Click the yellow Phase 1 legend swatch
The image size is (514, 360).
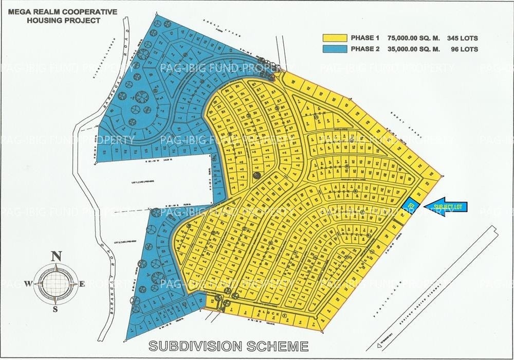[x=335, y=38]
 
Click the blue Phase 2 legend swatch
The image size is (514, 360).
[x=335, y=49]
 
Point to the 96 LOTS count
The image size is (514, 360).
[x=465, y=49]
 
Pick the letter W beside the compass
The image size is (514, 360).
[x=30, y=283]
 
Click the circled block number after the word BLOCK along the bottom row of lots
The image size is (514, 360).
[x=284, y=313]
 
